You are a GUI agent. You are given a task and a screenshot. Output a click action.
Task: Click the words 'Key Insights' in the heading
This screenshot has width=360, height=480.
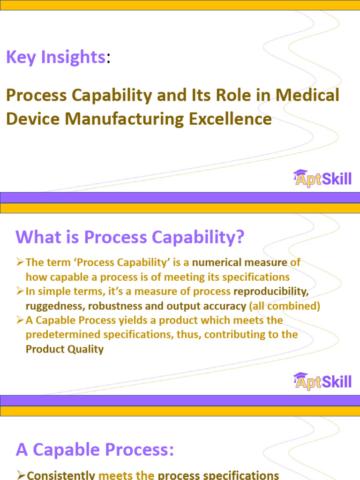click(x=55, y=57)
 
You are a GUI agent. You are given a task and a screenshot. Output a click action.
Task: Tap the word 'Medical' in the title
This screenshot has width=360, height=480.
click(x=307, y=96)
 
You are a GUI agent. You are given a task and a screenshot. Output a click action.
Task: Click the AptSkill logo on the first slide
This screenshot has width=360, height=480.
click(x=322, y=178)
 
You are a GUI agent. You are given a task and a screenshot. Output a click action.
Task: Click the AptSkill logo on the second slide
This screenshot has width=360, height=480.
click(x=322, y=381)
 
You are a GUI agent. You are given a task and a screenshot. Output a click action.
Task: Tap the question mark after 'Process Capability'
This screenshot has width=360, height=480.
click(x=240, y=237)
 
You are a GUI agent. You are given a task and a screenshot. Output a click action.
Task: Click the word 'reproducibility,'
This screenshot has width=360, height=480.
click(x=271, y=292)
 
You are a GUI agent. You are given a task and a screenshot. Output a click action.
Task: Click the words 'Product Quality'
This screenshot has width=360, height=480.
click(x=65, y=349)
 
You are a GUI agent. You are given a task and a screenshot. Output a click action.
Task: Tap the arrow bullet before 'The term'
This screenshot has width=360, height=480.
click(x=20, y=263)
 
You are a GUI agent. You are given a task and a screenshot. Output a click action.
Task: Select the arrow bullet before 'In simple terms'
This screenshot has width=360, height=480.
click(x=20, y=292)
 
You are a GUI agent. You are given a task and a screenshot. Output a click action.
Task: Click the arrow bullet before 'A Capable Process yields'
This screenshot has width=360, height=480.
click(x=20, y=321)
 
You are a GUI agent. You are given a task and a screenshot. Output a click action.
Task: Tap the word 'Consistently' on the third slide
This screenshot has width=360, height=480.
click(x=61, y=475)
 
